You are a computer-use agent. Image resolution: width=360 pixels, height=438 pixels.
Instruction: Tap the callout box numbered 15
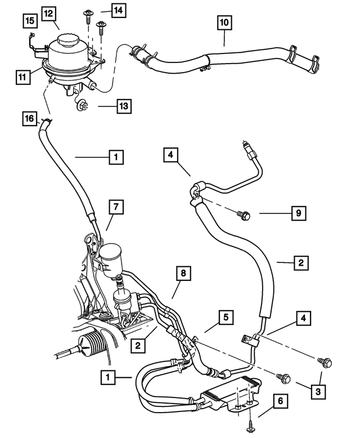pyautogui.click(x=30, y=21)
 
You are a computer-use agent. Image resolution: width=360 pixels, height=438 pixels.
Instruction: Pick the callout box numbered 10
pyautogui.click(x=224, y=23)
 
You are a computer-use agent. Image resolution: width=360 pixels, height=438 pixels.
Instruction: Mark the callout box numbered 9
pyautogui.click(x=299, y=214)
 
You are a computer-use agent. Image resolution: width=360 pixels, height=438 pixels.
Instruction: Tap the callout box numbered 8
pyautogui.click(x=183, y=275)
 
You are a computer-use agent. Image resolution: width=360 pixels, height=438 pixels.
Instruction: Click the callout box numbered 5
pyautogui.click(x=226, y=318)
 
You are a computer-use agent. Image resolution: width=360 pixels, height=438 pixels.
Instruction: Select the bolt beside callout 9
pyautogui.click(x=244, y=214)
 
